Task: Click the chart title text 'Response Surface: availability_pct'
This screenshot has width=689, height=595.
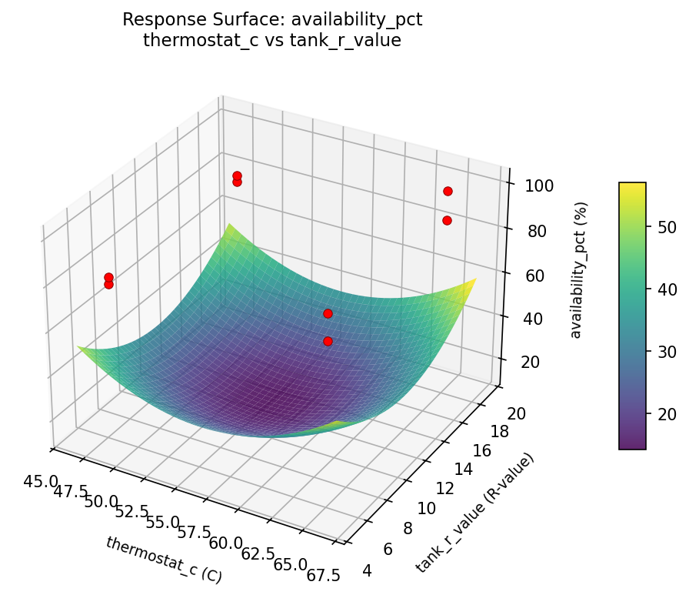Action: tap(272, 21)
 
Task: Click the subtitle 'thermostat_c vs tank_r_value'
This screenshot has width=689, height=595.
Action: tap(272, 41)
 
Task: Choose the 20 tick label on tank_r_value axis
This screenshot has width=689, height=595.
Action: tap(517, 413)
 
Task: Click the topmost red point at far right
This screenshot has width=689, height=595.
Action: tap(448, 191)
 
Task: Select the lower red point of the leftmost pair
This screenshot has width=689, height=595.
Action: tap(108, 284)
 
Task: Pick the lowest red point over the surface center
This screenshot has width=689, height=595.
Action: tap(328, 341)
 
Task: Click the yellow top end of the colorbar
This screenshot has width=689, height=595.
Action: tap(632, 186)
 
